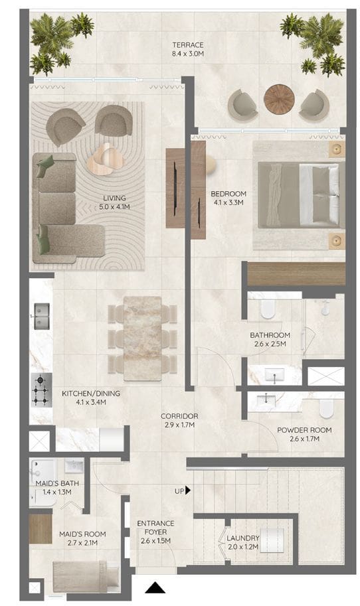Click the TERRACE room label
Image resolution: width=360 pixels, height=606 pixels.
click(188, 45)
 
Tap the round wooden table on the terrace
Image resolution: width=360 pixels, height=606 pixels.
click(279, 99)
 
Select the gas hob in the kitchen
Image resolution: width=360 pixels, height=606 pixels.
click(41, 390)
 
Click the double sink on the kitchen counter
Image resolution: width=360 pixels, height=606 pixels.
click(42, 316)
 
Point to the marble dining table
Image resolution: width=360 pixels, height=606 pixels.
click(143, 339)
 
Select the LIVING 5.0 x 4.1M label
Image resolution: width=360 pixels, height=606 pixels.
click(114, 202)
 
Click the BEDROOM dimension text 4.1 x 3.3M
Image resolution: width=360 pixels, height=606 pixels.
click(228, 202)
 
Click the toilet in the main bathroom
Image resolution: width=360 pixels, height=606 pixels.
click(268, 309)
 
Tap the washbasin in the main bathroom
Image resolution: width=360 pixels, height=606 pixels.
click(274, 374)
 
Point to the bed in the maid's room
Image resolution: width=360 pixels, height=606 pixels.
click(86, 576)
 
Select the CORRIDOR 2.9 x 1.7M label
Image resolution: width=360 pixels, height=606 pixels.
click(179, 421)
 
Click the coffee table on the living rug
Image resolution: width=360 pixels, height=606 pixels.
click(105, 159)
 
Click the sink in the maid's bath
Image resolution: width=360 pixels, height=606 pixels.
click(74, 466)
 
